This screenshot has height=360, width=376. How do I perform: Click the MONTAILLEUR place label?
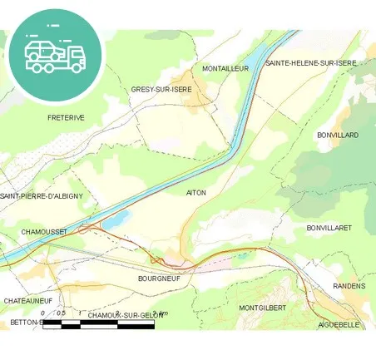(x=225, y=69)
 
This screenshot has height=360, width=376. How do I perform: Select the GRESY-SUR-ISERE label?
(x=161, y=89)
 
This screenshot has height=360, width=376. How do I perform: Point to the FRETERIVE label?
(x=67, y=118)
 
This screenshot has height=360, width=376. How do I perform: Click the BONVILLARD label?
(x=337, y=135)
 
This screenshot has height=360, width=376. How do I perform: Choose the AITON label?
(x=196, y=192)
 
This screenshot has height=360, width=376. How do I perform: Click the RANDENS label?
(x=348, y=286)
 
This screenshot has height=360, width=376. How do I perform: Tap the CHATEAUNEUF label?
(x=28, y=300)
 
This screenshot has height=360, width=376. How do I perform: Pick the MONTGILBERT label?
(x=262, y=308)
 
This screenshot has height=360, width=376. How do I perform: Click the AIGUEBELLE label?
(x=341, y=324)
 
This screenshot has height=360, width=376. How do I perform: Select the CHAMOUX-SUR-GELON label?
(x=126, y=315)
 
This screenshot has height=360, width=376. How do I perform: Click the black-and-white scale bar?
(x=98, y=324)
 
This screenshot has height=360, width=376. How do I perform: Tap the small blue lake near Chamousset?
(x=118, y=220)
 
